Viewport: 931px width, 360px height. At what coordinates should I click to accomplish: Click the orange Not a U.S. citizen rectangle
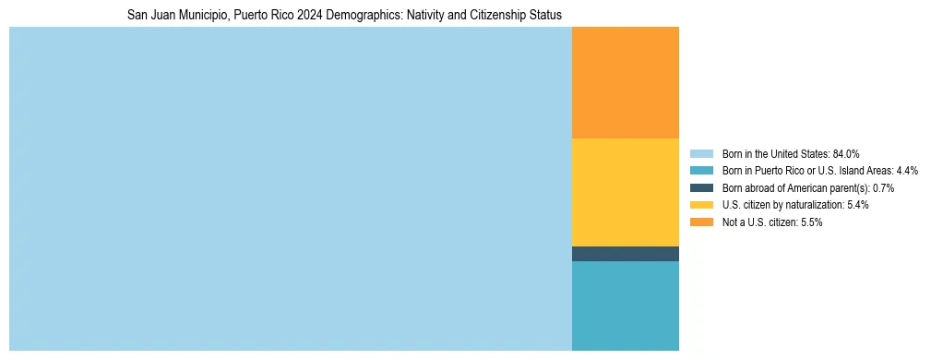tap(626, 82)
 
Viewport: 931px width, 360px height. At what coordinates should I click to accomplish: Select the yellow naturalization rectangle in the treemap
tap(626, 192)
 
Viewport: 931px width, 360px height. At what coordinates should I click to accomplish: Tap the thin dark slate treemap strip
tap(626, 254)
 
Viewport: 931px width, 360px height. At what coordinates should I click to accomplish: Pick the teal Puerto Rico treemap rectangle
tap(626, 306)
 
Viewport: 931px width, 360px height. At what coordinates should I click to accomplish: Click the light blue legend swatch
tap(701, 154)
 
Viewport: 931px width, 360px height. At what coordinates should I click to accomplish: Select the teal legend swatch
tap(701, 171)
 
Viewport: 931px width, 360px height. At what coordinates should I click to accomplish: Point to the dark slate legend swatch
tap(701, 188)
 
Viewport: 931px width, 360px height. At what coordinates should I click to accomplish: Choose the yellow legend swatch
tap(701, 205)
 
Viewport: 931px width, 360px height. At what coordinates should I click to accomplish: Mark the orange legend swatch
tap(701, 222)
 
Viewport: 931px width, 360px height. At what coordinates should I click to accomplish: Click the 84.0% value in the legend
tap(846, 154)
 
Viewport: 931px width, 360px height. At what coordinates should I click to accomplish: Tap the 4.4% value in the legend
tap(907, 171)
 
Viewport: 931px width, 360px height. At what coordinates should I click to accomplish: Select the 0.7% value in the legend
tap(882, 188)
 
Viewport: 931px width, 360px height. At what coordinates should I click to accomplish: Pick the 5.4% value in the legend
tap(857, 205)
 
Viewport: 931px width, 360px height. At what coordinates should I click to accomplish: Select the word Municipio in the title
tap(195, 16)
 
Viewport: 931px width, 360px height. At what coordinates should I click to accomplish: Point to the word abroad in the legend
tap(760, 188)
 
